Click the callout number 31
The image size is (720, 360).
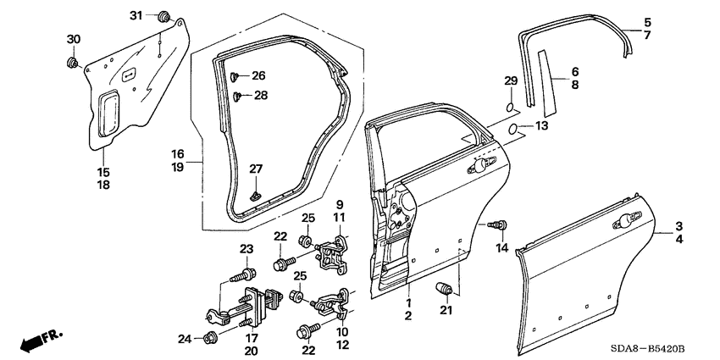point(136,16)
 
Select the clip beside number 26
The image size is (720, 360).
point(235,76)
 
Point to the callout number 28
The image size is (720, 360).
point(261,96)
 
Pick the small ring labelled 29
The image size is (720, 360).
point(508,107)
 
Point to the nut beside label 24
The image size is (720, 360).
point(211,339)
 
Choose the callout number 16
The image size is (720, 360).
point(178,155)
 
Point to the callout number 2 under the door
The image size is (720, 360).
point(408,316)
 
